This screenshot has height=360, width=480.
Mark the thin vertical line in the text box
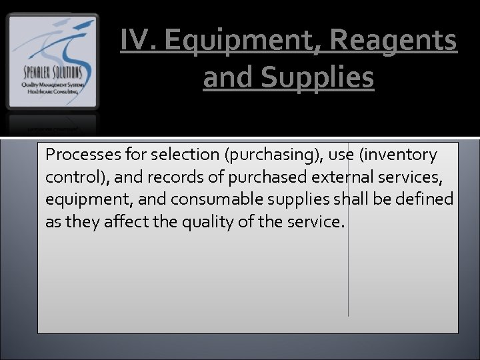pos(348,267)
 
